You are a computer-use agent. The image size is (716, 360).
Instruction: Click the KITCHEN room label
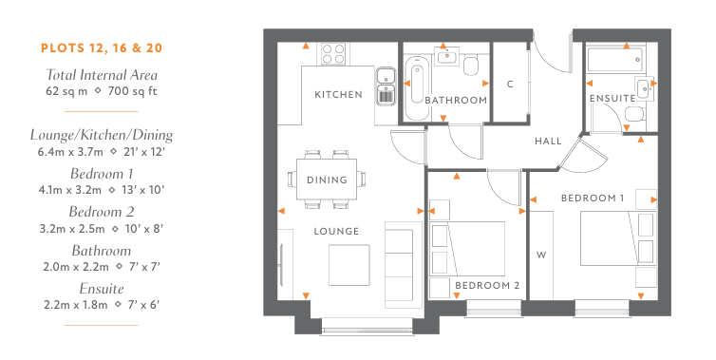(338, 95)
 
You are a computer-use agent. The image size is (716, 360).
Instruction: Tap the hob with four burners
(333, 53)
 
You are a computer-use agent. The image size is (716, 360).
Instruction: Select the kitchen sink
(386, 85)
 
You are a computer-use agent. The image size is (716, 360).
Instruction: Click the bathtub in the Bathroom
(417, 87)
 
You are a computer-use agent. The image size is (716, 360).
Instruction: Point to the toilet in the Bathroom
(471, 66)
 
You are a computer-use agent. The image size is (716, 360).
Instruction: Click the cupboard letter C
(510, 84)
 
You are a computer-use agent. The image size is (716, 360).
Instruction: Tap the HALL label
(548, 142)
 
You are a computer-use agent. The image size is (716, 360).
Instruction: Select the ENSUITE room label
(612, 98)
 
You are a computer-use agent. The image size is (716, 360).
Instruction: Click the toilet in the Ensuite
(634, 114)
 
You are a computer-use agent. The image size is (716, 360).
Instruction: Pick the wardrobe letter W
(541, 255)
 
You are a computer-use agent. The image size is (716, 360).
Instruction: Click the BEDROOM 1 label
(593, 199)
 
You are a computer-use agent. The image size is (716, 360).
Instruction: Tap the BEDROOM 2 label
(487, 286)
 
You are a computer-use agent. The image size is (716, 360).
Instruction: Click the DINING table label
(327, 180)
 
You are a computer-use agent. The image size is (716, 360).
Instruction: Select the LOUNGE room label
(336, 231)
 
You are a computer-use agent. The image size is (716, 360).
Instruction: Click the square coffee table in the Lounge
(349, 265)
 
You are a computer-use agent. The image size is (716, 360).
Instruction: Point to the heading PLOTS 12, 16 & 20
(102, 48)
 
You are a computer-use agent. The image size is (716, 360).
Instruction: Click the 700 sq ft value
(132, 91)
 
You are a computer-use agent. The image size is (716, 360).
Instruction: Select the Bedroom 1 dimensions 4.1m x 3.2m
(70, 190)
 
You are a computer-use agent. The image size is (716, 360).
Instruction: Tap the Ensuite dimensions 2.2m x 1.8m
(76, 304)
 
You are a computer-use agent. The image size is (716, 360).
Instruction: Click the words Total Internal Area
(102, 75)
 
